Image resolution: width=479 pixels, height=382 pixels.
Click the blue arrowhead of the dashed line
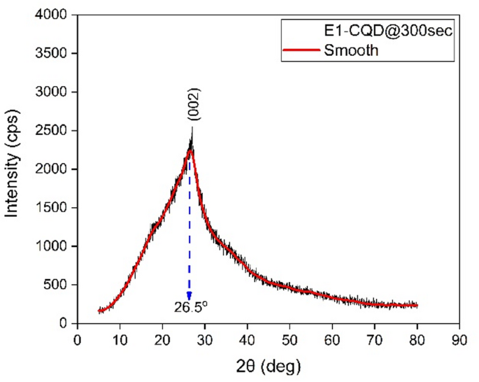189,295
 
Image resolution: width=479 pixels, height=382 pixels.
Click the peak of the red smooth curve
189,148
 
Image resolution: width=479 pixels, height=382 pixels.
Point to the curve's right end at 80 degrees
417,305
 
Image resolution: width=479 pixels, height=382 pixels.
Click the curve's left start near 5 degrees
99,311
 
